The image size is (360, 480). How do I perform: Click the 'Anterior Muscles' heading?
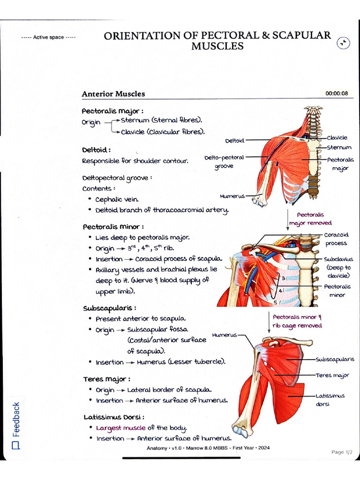113,94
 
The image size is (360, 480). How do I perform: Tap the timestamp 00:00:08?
337,93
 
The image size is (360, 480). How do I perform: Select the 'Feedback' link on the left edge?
16,419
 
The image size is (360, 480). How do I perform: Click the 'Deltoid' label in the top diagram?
234,140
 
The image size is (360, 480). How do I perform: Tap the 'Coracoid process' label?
335,239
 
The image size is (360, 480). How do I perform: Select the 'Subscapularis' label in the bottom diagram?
335,360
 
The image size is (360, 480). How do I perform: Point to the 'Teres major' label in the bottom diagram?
332,375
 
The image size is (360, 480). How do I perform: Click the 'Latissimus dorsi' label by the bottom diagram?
330,399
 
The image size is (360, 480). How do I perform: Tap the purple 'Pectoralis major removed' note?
310,219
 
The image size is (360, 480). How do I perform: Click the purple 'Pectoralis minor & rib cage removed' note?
297,321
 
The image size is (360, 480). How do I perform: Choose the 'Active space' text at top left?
48,37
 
